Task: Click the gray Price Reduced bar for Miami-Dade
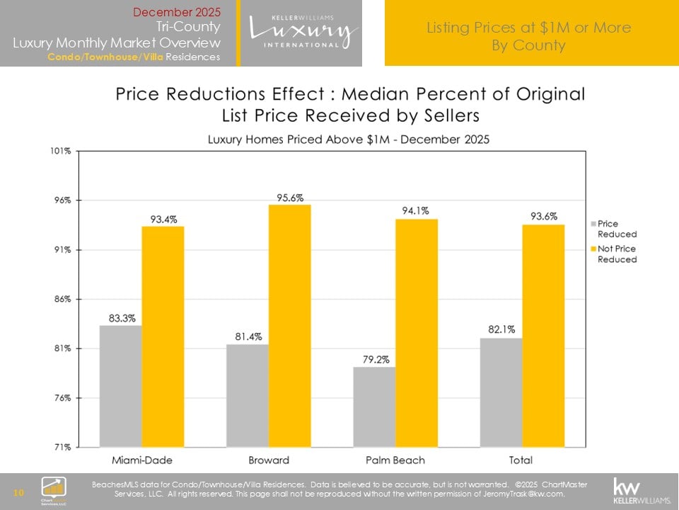click(x=120, y=386)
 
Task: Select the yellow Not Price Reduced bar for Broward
click(x=289, y=326)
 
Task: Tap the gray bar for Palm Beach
click(x=373, y=407)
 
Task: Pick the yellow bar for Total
click(x=542, y=336)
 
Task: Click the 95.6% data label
click(x=290, y=198)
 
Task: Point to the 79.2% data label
click(x=373, y=360)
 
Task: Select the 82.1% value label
click(x=501, y=329)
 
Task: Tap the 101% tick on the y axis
click(x=60, y=151)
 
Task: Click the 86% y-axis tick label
click(x=62, y=299)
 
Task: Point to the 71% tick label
click(x=62, y=447)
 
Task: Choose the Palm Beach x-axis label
click(x=395, y=460)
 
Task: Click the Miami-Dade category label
click(x=141, y=460)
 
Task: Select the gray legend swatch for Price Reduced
click(x=593, y=224)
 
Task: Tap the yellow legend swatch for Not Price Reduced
click(x=593, y=249)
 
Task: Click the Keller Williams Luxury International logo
click(x=302, y=32)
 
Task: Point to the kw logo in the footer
click(x=640, y=489)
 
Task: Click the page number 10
click(x=19, y=492)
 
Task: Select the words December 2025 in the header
click(x=177, y=12)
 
